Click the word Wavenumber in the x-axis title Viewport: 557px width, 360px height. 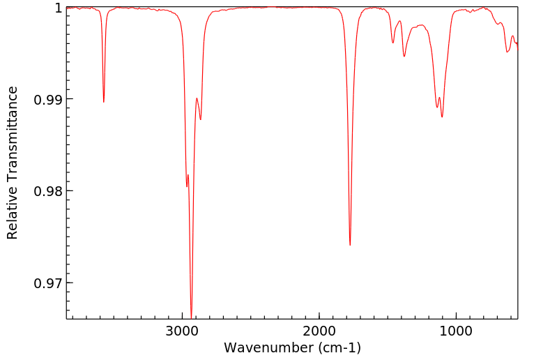[268, 347]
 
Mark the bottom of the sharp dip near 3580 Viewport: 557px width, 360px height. [104, 102]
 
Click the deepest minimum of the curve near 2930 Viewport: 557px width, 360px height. [191, 317]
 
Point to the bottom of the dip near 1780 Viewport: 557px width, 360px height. [350, 245]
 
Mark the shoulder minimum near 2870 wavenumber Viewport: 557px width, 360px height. [201, 119]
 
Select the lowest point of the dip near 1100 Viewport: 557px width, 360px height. [442, 117]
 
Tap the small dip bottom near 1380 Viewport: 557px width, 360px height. [404, 56]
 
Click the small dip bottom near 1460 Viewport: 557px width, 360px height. [393, 43]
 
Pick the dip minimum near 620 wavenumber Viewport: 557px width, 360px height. [508, 52]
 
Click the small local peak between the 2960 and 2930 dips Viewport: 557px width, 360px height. [188, 174]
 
